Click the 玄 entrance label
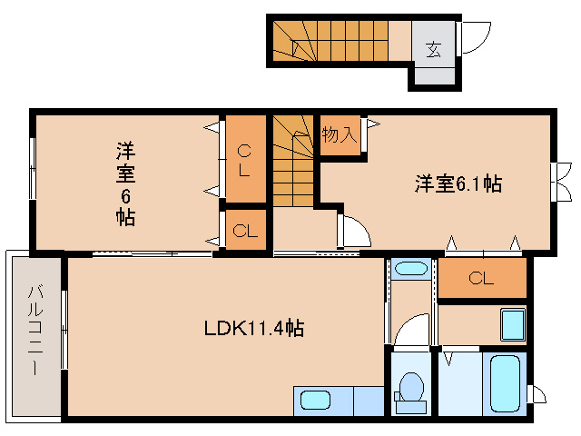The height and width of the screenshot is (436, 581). point(434,48)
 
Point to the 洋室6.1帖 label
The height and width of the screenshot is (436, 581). point(458,183)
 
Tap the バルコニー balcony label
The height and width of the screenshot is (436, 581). point(34,335)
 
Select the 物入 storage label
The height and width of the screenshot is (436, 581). point(339,135)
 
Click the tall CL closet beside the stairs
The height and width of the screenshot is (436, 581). point(245,159)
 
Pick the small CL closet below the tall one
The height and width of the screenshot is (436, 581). point(245,231)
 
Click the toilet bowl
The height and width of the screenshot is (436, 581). point(411,388)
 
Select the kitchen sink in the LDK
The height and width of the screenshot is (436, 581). point(318,400)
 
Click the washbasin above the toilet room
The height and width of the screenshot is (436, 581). point(411,269)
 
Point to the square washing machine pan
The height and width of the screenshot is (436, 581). point(513,324)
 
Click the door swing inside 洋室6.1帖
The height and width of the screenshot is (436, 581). point(354,232)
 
